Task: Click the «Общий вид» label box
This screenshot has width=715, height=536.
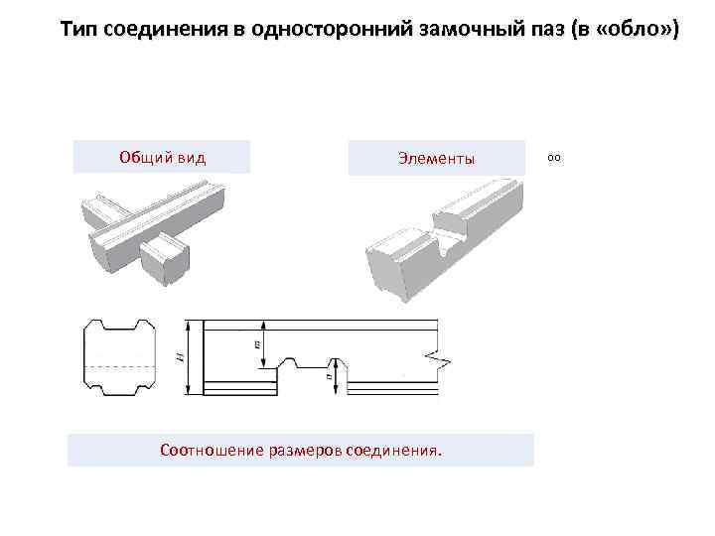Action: point(162,157)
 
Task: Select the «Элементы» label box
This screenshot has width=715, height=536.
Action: point(436,158)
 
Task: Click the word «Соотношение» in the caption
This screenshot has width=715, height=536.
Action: point(210,450)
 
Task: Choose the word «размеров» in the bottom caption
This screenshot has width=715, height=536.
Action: point(302,450)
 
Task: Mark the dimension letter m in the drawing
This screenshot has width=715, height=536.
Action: point(256,342)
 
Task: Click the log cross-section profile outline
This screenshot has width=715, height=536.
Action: point(118,357)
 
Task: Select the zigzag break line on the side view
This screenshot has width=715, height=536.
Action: point(439,359)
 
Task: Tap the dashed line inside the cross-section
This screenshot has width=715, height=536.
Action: point(118,366)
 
